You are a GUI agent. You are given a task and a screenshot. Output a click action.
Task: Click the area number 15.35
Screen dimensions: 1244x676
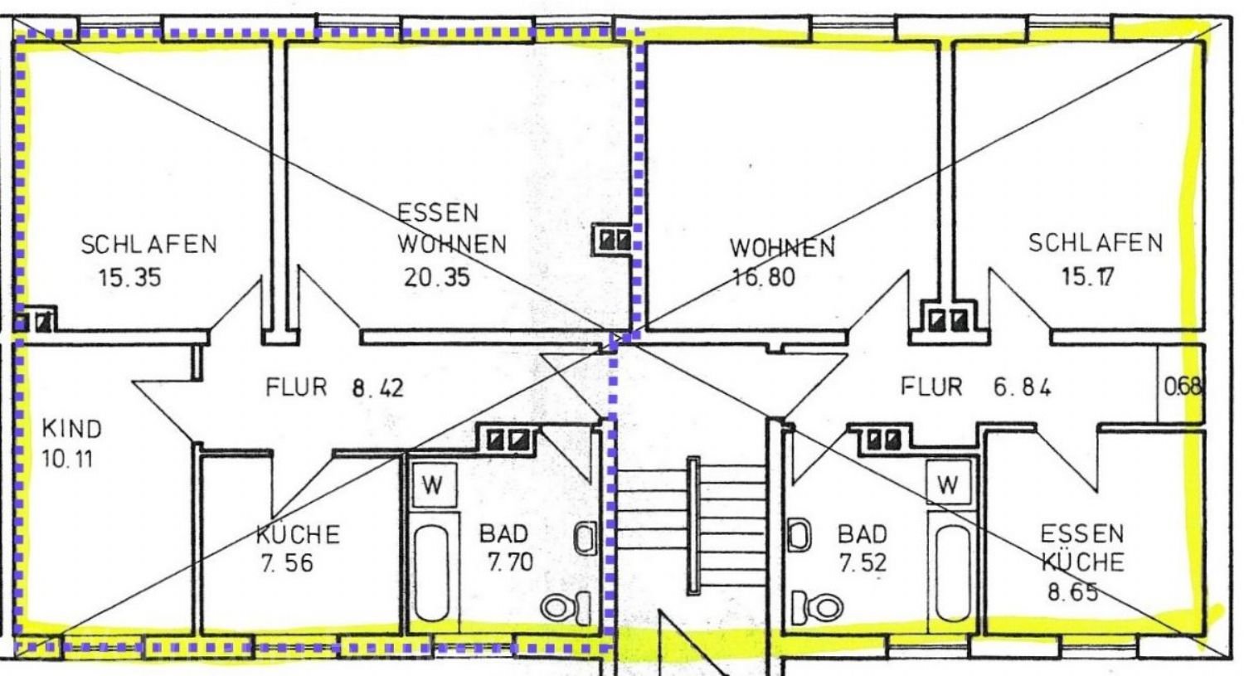pos(130,278)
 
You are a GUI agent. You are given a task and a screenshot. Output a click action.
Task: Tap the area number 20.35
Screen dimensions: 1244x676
pos(437,278)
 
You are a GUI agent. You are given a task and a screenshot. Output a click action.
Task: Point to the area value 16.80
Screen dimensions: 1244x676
pos(764,277)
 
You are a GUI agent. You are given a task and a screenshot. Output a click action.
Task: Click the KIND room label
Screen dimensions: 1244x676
pos(72,429)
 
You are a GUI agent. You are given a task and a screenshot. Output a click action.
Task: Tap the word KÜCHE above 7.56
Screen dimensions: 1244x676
pos(298,534)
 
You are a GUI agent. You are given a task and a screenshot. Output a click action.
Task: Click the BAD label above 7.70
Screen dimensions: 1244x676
pos(503,534)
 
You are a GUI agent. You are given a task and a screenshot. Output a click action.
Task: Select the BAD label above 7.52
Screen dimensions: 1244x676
pos(863,534)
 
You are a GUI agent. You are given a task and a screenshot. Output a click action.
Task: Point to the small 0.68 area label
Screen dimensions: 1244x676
pos(1183,387)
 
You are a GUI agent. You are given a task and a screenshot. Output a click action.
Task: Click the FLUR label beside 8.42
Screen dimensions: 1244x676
pos(296,387)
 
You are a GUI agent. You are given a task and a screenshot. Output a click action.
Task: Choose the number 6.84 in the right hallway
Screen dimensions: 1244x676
pos(1022,387)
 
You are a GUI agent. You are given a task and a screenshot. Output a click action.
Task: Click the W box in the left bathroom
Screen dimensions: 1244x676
pos(435,485)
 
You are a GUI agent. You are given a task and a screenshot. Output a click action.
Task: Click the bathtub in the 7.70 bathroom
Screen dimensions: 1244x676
pos(431,572)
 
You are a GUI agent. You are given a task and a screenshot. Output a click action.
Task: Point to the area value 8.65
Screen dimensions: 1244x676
pos(1073,592)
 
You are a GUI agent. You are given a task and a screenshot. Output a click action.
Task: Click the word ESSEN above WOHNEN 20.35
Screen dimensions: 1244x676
pos(438,212)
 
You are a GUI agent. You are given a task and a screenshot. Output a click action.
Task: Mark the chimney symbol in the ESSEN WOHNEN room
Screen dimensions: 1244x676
pos(614,241)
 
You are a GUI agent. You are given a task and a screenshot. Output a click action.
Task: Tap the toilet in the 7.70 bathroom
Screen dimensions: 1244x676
pos(566,607)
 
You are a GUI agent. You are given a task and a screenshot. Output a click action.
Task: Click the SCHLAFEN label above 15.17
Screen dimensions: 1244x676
pos(1096,243)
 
